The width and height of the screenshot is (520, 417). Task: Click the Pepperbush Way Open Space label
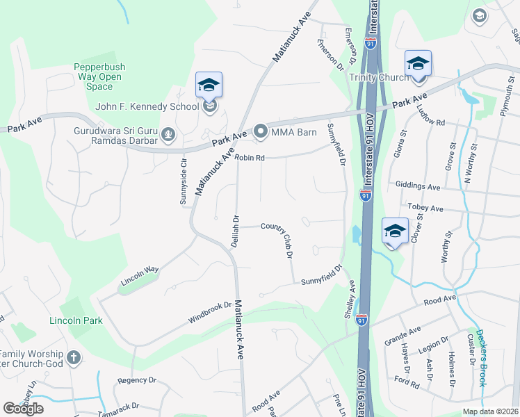(x=99, y=77)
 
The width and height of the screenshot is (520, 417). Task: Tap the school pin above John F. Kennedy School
(x=209, y=85)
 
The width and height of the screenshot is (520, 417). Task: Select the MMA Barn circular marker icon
(x=261, y=131)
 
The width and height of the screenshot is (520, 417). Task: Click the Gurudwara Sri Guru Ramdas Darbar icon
(x=168, y=133)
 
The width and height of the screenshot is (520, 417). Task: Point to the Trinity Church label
(x=379, y=77)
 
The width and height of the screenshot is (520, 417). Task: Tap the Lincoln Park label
(x=76, y=320)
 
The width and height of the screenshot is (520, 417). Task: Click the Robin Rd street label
(x=250, y=158)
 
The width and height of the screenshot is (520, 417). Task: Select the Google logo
(x=23, y=409)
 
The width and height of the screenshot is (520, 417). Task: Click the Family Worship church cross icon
(x=74, y=359)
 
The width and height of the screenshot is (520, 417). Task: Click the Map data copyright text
(x=490, y=411)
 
